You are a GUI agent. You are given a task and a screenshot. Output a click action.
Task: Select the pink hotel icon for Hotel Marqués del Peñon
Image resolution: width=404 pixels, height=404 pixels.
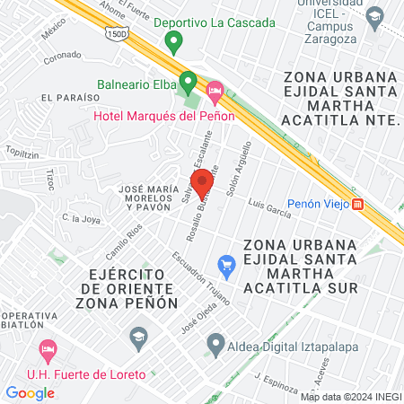click(x=215, y=91)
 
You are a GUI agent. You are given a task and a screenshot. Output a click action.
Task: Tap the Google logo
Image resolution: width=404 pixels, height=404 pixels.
click(x=30, y=392)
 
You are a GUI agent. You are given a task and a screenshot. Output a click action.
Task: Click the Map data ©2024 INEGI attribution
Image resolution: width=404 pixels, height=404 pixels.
click(x=350, y=396)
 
